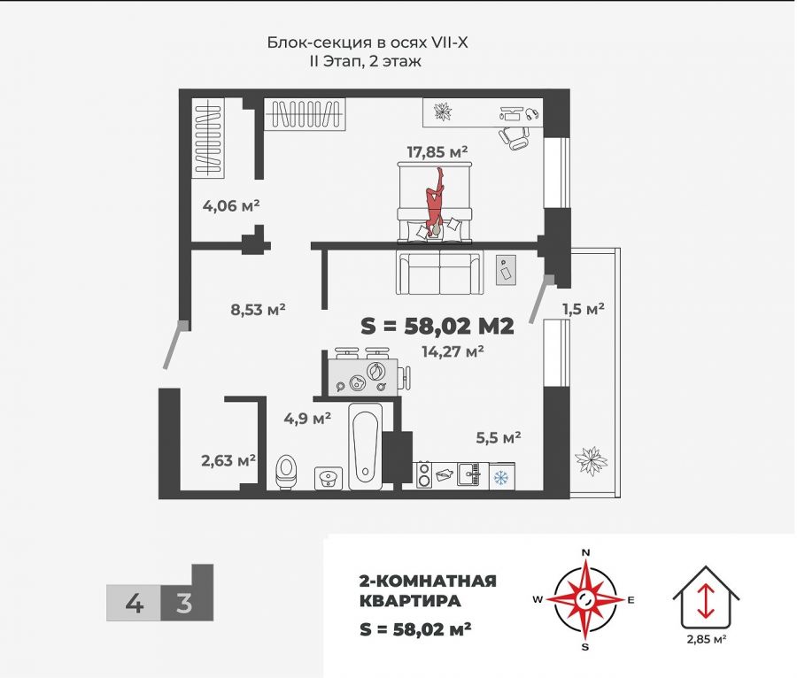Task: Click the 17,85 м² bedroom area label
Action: (x=437, y=152)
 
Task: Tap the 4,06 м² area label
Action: (x=231, y=206)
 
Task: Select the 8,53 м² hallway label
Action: (x=257, y=310)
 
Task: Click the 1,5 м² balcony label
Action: (x=583, y=309)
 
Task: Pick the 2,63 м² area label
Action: (x=228, y=460)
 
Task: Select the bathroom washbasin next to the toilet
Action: (x=329, y=478)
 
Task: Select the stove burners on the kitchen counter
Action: (x=423, y=476)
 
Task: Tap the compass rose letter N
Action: (x=584, y=553)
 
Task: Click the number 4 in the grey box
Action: (x=134, y=604)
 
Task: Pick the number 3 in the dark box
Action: (x=184, y=604)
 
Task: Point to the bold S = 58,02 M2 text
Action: (x=437, y=326)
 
